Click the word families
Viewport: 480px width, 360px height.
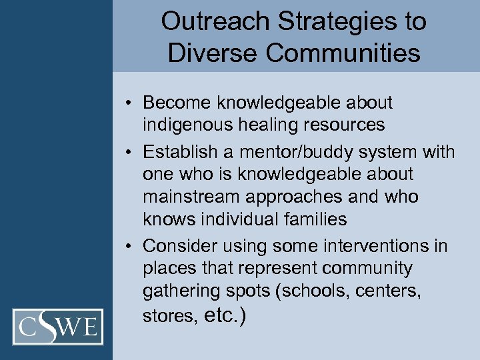[315, 219]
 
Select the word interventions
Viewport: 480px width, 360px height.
[373, 246]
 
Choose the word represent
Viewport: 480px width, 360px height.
[280, 268]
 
